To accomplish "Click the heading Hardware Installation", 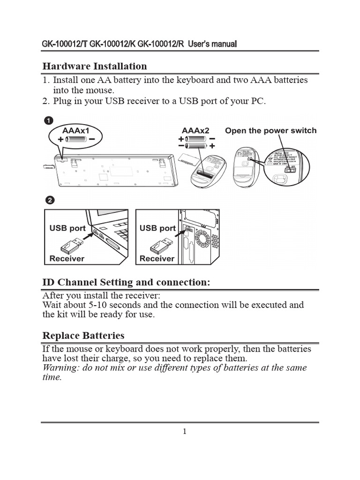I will pos(95,66).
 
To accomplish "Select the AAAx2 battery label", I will pos(195,130).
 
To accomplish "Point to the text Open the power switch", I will pos(270,131).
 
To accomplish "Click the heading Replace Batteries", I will pos(83,336).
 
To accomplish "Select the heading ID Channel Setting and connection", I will pos(126,282).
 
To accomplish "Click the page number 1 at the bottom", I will pos(185,432).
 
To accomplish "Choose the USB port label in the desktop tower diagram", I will pos(157,228).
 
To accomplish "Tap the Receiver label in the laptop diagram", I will pos(67,258).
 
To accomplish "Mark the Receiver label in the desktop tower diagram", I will pos(157,258).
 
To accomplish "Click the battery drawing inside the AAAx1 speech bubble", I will pos(75,139).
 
